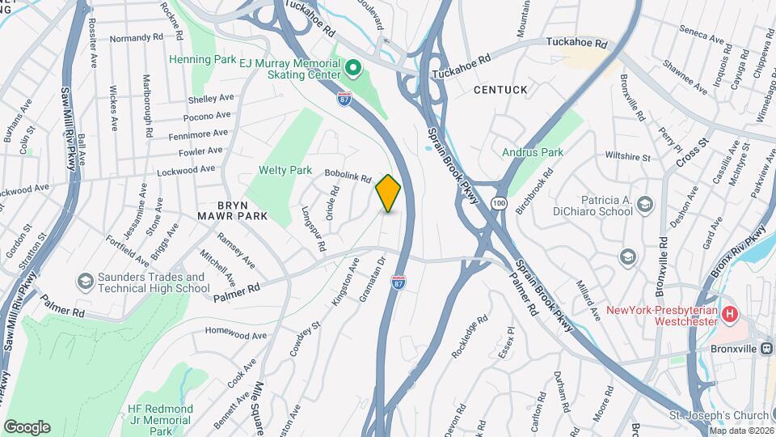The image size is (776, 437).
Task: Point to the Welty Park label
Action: [285, 170]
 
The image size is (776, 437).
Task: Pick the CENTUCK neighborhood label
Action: [500, 89]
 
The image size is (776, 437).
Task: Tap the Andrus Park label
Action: [533, 151]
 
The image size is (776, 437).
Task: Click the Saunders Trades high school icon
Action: [85, 282]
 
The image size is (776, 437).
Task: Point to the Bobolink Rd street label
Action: [348, 174]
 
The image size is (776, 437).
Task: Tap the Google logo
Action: [27, 426]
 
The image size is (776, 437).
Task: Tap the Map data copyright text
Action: [740, 431]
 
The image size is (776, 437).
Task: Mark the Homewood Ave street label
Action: [235, 333]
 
